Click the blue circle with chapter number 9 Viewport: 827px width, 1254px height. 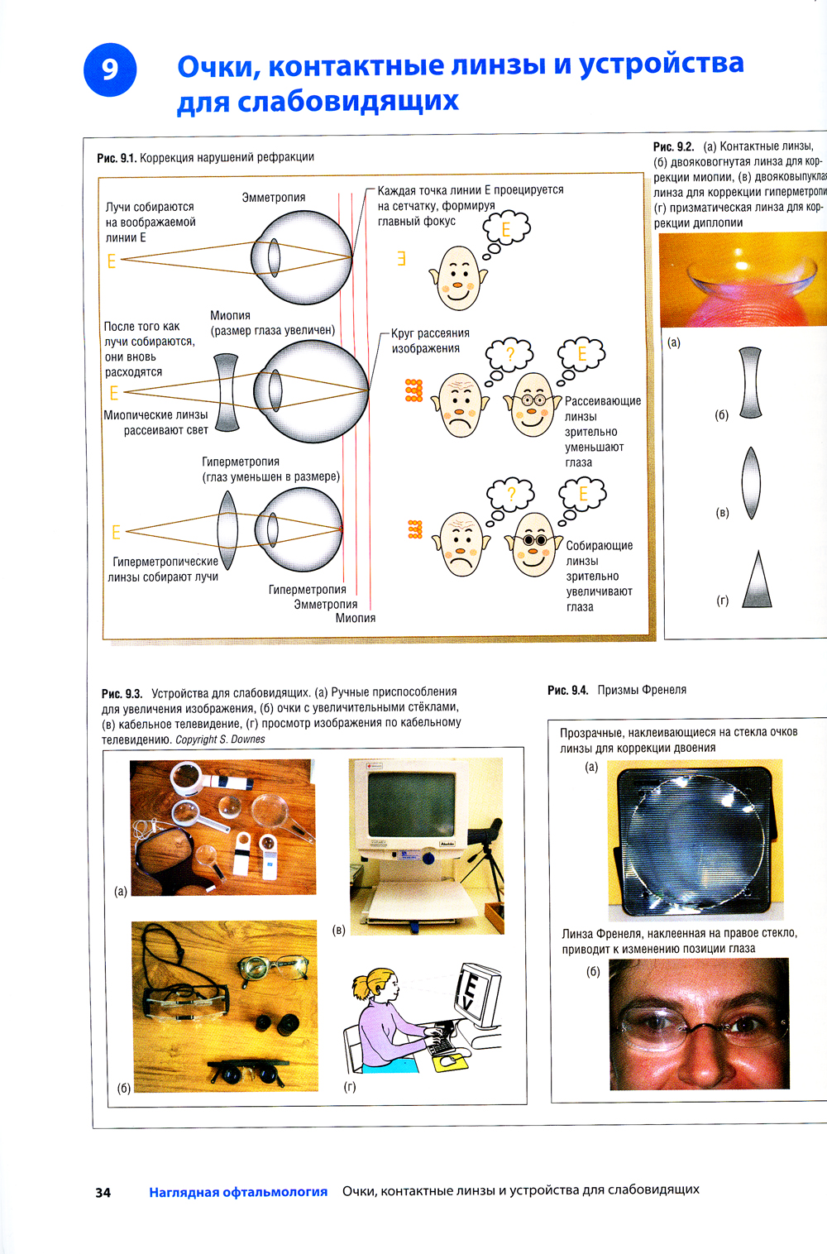point(110,69)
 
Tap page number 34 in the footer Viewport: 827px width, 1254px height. point(103,1192)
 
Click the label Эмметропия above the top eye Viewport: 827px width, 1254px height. point(273,198)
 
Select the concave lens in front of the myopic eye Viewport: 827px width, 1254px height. point(227,393)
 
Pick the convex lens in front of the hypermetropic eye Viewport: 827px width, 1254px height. point(227,530)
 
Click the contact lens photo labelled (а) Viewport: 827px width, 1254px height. point(742,280)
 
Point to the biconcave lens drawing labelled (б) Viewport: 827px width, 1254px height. point(751,382)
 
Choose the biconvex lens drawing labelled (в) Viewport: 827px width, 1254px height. point(751,483)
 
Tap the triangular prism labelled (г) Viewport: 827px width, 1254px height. point(758,581)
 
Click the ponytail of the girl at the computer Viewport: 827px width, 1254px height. point(361,986)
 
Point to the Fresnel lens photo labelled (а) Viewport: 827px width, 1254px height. point(695,840)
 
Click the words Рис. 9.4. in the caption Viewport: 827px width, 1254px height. point(567,690)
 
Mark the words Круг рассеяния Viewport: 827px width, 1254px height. point(430,333)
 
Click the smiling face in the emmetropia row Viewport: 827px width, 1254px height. point(457,278)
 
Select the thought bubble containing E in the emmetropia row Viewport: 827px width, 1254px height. point(506,227)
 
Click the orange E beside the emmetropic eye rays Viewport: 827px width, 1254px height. point(112,261)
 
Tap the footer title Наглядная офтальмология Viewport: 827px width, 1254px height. point(238,1192)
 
